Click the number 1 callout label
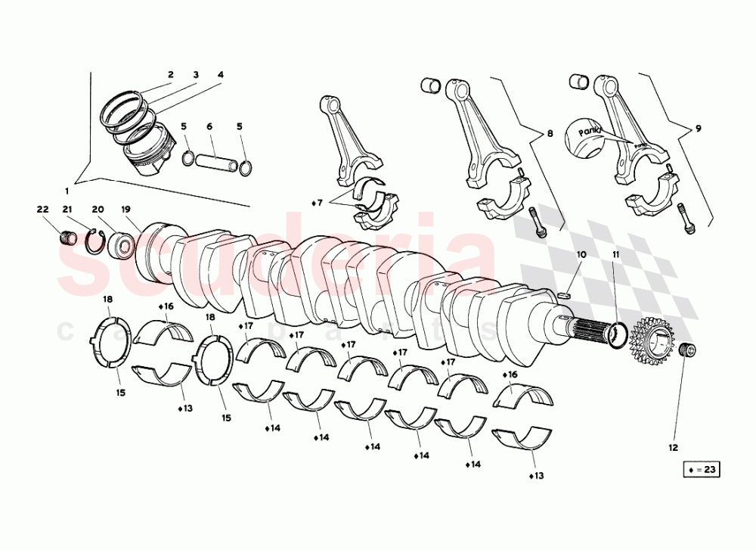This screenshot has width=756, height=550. click(x=67, y=191)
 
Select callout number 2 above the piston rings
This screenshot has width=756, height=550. click(x=171, y=75)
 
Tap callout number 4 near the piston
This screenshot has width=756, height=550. click(x=221, y=75)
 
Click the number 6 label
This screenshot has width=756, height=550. click(x=209, y=126)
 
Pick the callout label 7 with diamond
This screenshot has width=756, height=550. click(x=318, y=203)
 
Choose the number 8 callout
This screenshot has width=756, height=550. click(x=550, y=133)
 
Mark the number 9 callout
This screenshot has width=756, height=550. click(x=698, y=129)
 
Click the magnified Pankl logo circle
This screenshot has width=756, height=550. click(x=590, y=138)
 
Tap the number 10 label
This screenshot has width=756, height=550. click(x=580, y=255)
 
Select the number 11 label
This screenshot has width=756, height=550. click(x=615, y=255)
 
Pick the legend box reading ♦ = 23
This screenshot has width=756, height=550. click(x=701, y=470)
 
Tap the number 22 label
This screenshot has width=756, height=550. click(x=42, y=209)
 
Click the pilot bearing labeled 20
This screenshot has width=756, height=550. click(x=122, y=245)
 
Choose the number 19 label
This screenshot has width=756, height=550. click(x=126, y=209)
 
